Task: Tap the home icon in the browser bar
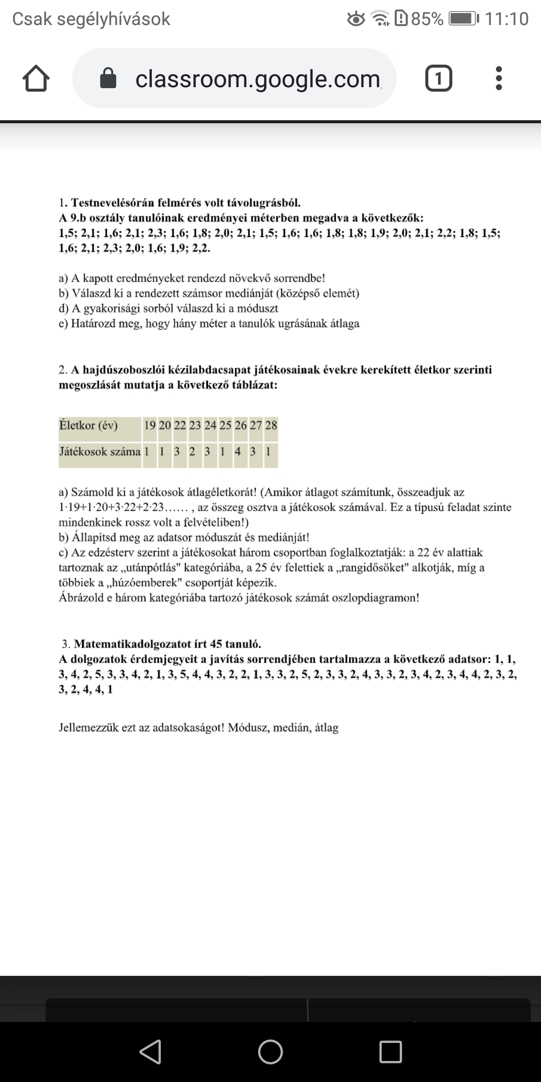tap(36, 79)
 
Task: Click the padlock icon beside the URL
tap(108, 79)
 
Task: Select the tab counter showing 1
tap(438, 79)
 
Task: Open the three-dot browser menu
tap(498, 79)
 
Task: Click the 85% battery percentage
tap(427, 19)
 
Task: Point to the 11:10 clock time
tap(506, 19)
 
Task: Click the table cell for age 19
tap(150, 425)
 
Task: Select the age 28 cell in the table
tap(271, 425)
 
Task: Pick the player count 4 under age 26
tap(238, 451)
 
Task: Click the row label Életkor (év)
tap(88, 425)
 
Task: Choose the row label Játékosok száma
tap(100, 451)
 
